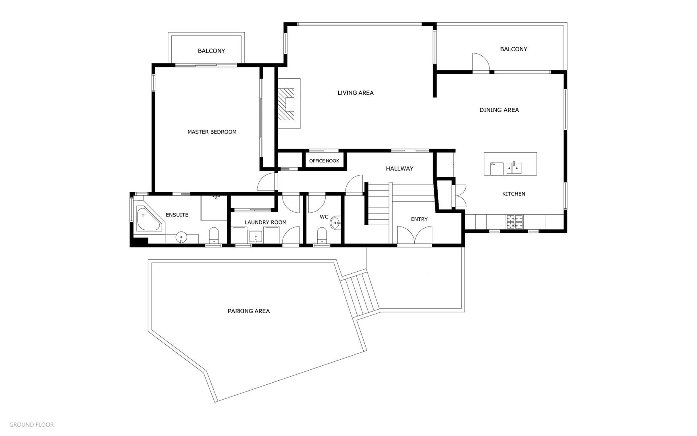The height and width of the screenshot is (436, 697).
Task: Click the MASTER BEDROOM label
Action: tap(212, 132)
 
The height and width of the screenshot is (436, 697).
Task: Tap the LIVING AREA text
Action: tap(356, 93)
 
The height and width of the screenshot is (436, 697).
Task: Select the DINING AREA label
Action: tap(499, 110)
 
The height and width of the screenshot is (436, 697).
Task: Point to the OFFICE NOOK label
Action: tap(324, 161)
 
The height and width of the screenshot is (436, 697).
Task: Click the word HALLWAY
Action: tap(399, 169)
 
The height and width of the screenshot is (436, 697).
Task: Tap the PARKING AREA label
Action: tap(249, 311)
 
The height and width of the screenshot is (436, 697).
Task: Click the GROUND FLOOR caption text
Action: tap(31, 425)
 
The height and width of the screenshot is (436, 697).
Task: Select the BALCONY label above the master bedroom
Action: tap(211, 51)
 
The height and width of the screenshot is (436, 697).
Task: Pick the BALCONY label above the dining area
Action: tap(514, 49)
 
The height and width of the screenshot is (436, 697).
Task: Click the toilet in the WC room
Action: tap(322, 236)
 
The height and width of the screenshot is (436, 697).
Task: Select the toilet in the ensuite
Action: tap(214, 236)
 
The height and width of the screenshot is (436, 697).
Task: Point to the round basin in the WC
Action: tap(335, 222)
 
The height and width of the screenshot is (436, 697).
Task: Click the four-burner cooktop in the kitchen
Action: tap(515, 221)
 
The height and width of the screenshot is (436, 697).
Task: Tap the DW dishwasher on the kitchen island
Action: tap(497, 169)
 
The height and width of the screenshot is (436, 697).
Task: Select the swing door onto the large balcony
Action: tap(481, 63)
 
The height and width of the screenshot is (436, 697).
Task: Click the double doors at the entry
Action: tap(414, 235)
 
